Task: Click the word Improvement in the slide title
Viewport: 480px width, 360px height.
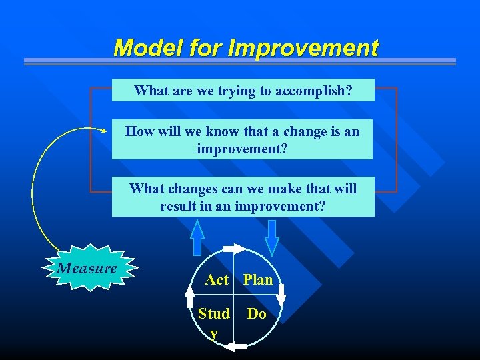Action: [303, 48]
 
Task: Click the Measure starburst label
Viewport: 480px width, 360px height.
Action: [87, 269]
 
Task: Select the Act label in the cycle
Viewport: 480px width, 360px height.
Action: [217, 280]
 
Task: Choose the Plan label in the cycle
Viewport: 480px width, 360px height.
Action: [258, 280]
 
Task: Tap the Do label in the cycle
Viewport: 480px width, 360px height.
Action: [257, 313]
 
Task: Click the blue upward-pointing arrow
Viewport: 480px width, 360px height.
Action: [197, 238]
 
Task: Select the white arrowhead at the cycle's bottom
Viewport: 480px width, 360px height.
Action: [233, 345]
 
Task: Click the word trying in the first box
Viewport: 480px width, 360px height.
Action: [237, 91]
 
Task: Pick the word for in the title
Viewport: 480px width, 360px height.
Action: [205, 48]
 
